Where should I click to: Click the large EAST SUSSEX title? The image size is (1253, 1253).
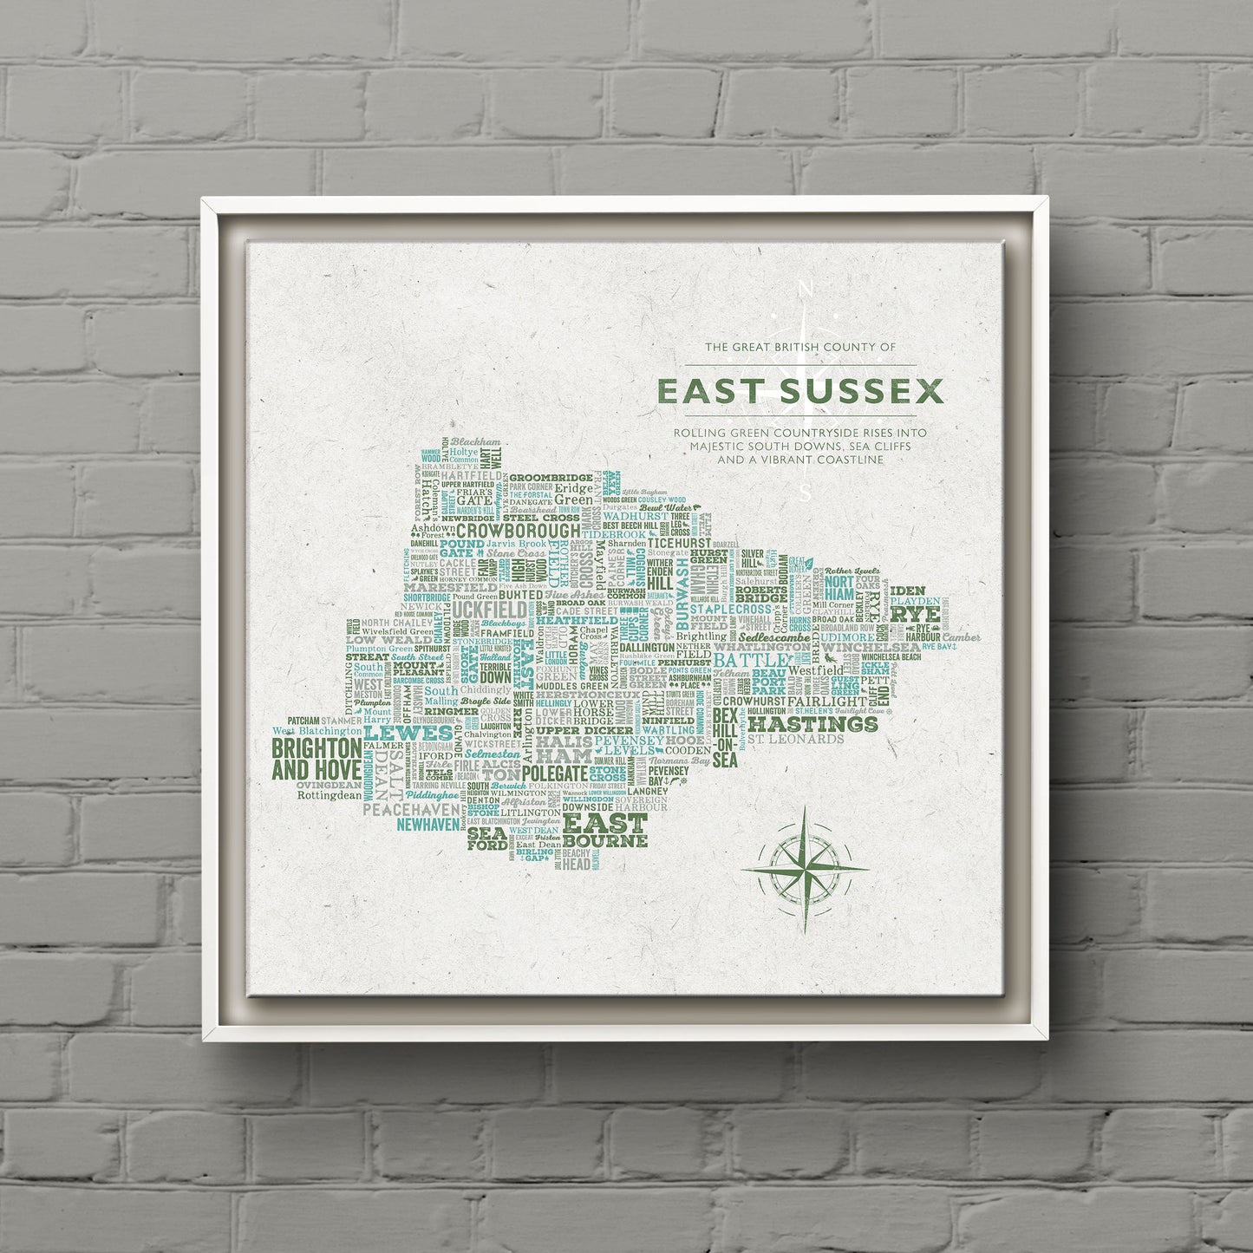pos(799,391)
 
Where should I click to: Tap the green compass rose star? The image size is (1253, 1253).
pos(806,868)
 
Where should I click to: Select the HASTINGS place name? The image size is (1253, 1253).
pos(813,723)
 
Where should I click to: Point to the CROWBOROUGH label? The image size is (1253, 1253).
pos(519,531)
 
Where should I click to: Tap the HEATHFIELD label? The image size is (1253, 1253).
pos(576,621)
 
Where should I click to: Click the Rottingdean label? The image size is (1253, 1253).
pos(328,793)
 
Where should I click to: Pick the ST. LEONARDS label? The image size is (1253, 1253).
pos(794,740)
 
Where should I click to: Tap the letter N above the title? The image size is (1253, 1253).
pos(806,289)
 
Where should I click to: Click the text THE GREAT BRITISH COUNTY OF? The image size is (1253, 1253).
pos(799,347)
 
